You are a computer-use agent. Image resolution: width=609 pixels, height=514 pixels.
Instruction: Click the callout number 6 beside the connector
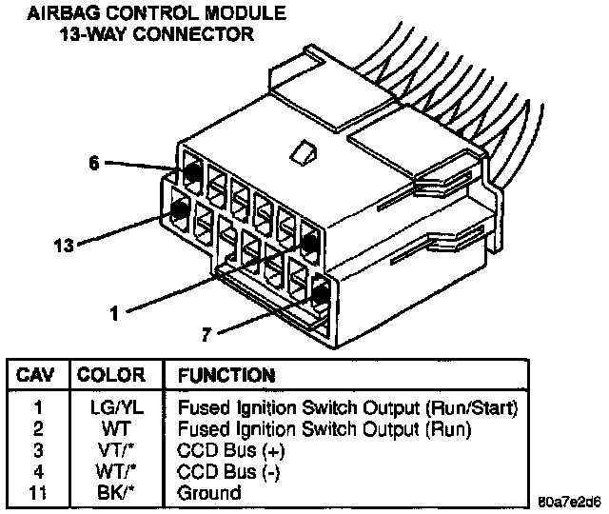click(92, 163)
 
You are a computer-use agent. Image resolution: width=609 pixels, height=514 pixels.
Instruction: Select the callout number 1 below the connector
click(114, 310)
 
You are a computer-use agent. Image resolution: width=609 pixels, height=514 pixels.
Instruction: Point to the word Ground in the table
click(209, 492)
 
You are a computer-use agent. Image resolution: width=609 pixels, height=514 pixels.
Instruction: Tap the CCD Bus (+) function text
click(231, 449)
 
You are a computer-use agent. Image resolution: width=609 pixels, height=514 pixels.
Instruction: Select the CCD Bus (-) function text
click(229, 471)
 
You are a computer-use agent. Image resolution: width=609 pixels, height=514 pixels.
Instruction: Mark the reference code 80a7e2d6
click(568, 501)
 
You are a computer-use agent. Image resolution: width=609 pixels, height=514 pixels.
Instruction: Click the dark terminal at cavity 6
click(190, 172)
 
